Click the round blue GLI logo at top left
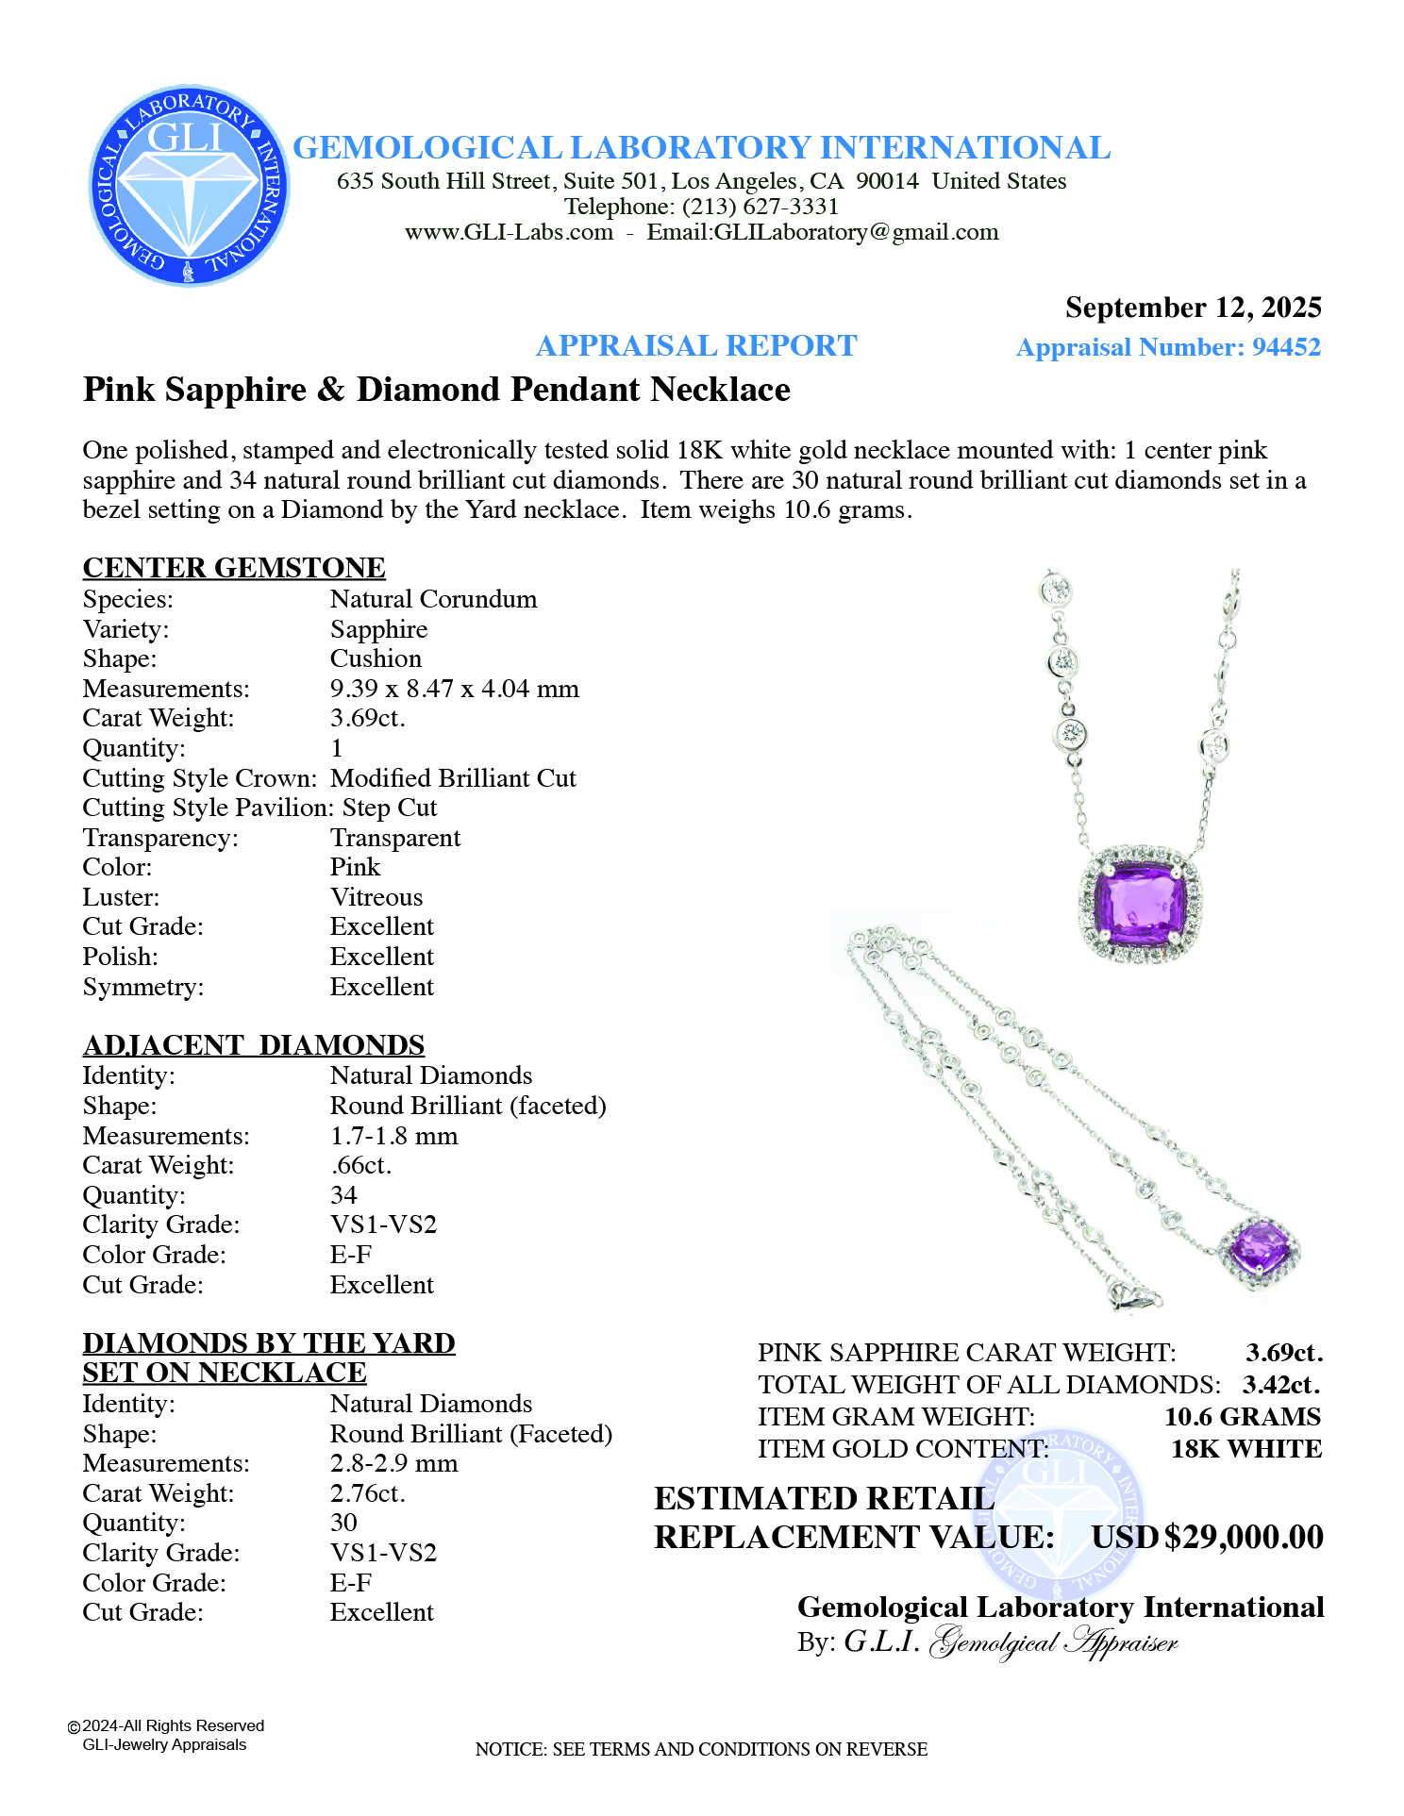pos(189,186)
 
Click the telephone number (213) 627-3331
pos(760,207)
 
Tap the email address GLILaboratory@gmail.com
pos(856,232)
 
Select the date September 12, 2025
pos(1193,308)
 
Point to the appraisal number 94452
pos(1286,347)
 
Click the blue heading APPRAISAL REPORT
pos(696,346)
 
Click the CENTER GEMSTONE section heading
pos(234,567)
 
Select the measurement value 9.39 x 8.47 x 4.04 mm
pos(454,689)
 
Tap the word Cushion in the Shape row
pos(376,658)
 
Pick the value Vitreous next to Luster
pos(376,897)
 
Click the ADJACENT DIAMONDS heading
pos(254,1045)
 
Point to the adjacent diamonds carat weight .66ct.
pos(360,1165)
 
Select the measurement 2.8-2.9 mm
pos(393,1463)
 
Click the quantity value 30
pos(343,1523)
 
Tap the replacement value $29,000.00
pos(1244,1537)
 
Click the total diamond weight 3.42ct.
pos(1280,1385)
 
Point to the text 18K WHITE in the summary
pos(1245,1449)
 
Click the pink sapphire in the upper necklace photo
pos(1140,904)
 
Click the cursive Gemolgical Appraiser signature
pos(1053,1642)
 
